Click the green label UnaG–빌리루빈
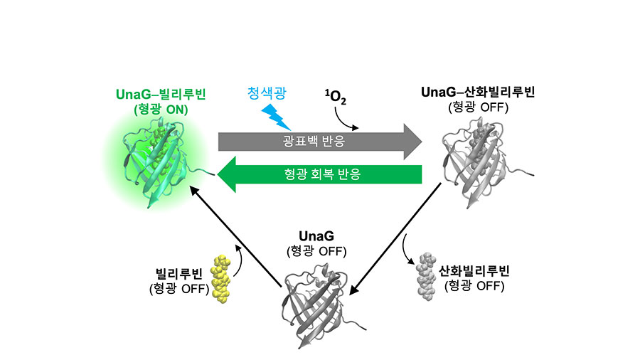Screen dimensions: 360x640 click(x=156, y=94)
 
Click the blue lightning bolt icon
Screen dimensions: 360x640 click(x=275, y=112)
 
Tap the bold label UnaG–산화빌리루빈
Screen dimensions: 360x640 click(x=478, y=92)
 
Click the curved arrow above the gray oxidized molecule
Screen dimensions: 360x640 click(x=408, y=249)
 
